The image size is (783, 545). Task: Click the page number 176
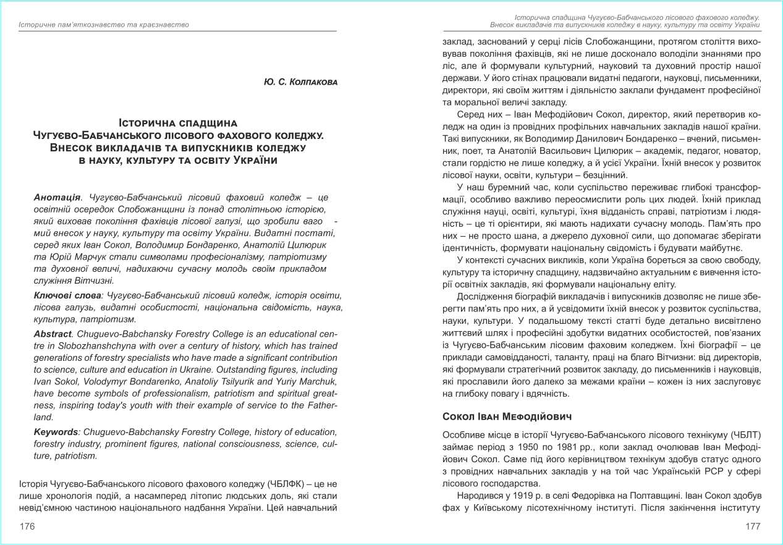coord(27,526)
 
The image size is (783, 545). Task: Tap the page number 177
coord(752,526)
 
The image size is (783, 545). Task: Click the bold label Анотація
coord(57,197)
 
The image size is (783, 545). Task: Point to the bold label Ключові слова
coord(67,296)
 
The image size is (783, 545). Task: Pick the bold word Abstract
coord(53,334)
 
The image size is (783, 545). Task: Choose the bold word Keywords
coord(56,432)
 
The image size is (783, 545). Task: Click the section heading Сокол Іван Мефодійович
coord(507,416)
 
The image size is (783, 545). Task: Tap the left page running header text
coord(104,25)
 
